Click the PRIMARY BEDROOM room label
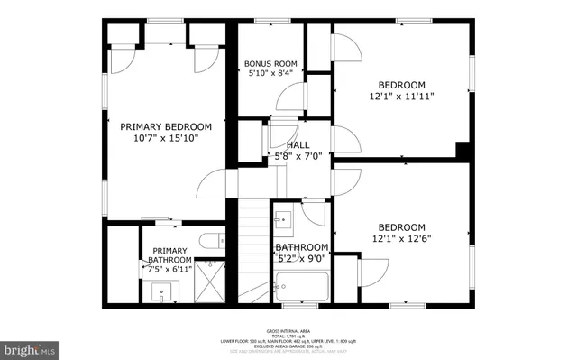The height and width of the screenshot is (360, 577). [x=165, y=126]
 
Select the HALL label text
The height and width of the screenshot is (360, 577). [x=298, y=144]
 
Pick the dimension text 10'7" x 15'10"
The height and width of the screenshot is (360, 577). [x=165, y=138]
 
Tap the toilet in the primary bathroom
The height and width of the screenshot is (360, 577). [x=206, y=239]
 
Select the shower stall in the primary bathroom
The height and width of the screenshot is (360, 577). [x=209, y=282]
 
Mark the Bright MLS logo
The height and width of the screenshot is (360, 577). [x=31, y=346]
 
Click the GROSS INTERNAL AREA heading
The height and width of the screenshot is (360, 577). [x=288, y=331]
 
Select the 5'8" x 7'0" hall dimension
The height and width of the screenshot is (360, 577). [x=298, y=155]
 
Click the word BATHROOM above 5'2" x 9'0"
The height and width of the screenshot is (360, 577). [x=301, y=247]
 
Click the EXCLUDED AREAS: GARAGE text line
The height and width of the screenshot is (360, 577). [x=288, y=346]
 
